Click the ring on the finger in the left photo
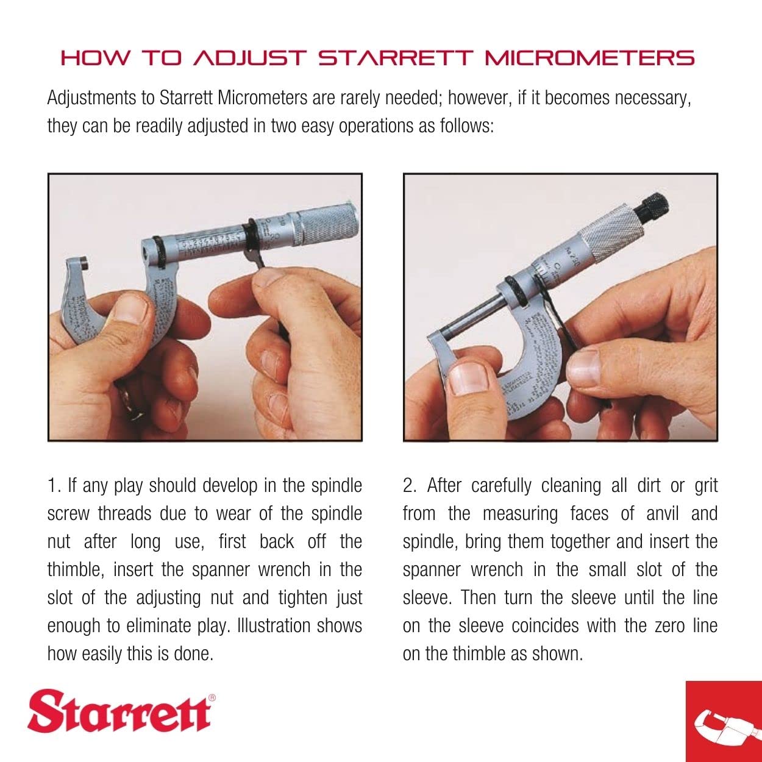click(x=129, y=400)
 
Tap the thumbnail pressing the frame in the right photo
click(x=466, y=379)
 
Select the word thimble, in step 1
click(x=76, y=570)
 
